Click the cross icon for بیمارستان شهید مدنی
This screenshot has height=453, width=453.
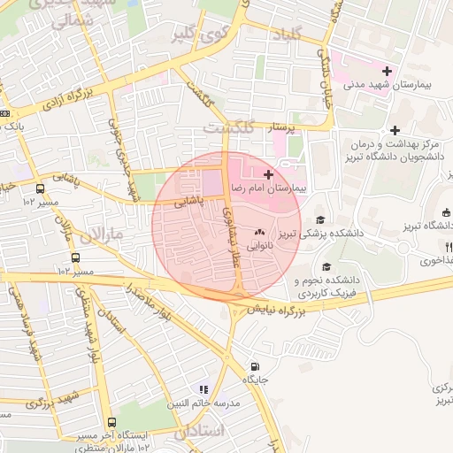(386, 71)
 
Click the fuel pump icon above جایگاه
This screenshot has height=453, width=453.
(256, 367)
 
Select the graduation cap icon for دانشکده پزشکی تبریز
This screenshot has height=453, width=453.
(319, 220)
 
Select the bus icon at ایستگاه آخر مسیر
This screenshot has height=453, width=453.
(111, 423)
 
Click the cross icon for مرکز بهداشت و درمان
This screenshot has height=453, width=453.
(395, 130)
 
